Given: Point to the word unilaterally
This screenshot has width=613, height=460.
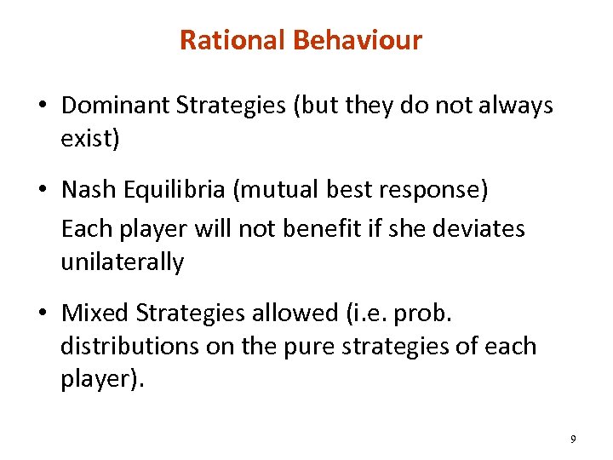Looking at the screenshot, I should coord(122,262).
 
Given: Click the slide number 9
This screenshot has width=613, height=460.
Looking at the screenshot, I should coord(573,439).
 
